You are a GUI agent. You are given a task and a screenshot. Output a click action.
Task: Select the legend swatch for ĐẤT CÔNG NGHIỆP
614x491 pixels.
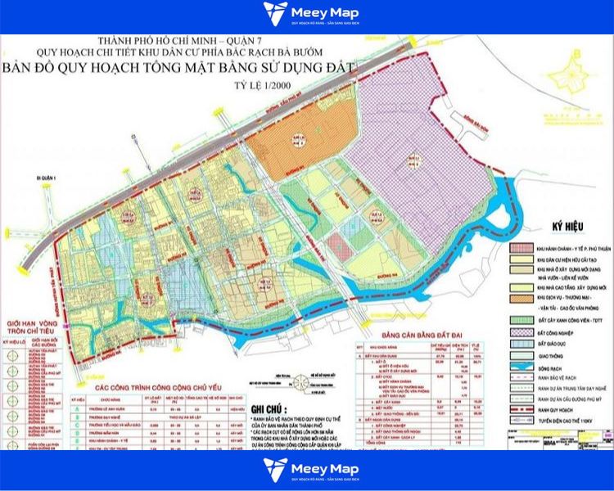(521, 331)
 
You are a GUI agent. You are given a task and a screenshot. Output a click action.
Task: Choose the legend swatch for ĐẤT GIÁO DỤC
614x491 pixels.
(521, 343)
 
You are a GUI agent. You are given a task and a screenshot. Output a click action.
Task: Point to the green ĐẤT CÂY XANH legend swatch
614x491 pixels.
(521, 319)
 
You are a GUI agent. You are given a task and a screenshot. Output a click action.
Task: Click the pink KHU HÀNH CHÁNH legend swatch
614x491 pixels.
(521, 247)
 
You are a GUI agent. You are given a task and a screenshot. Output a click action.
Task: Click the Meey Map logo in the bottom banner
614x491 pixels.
(307, 469)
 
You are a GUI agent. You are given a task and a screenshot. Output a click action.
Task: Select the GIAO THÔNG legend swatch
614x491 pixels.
(521, 354)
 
